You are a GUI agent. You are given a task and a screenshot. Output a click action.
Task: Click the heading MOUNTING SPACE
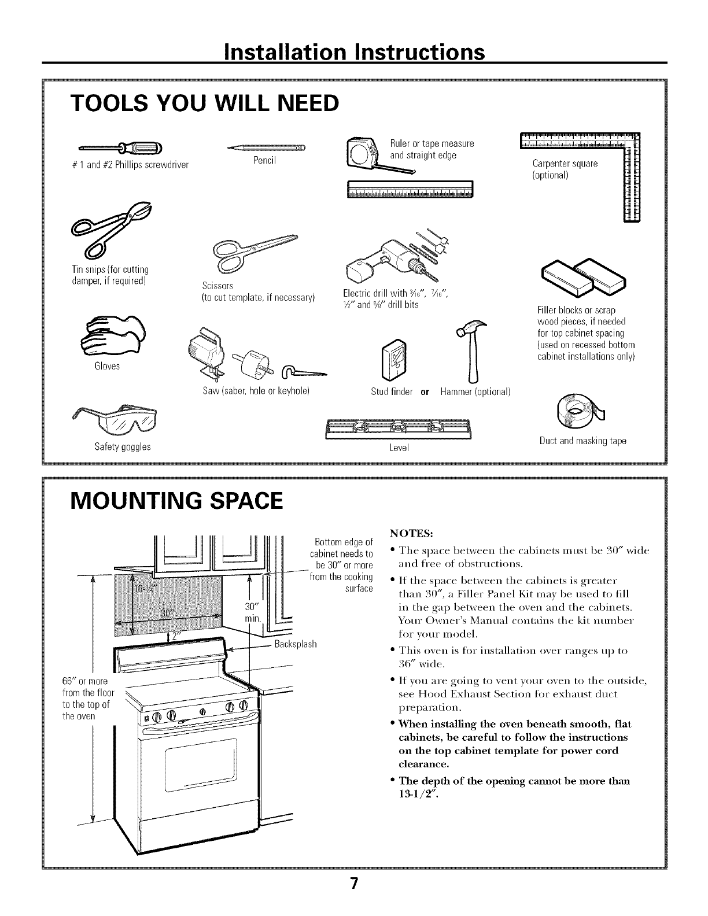point(176,500)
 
